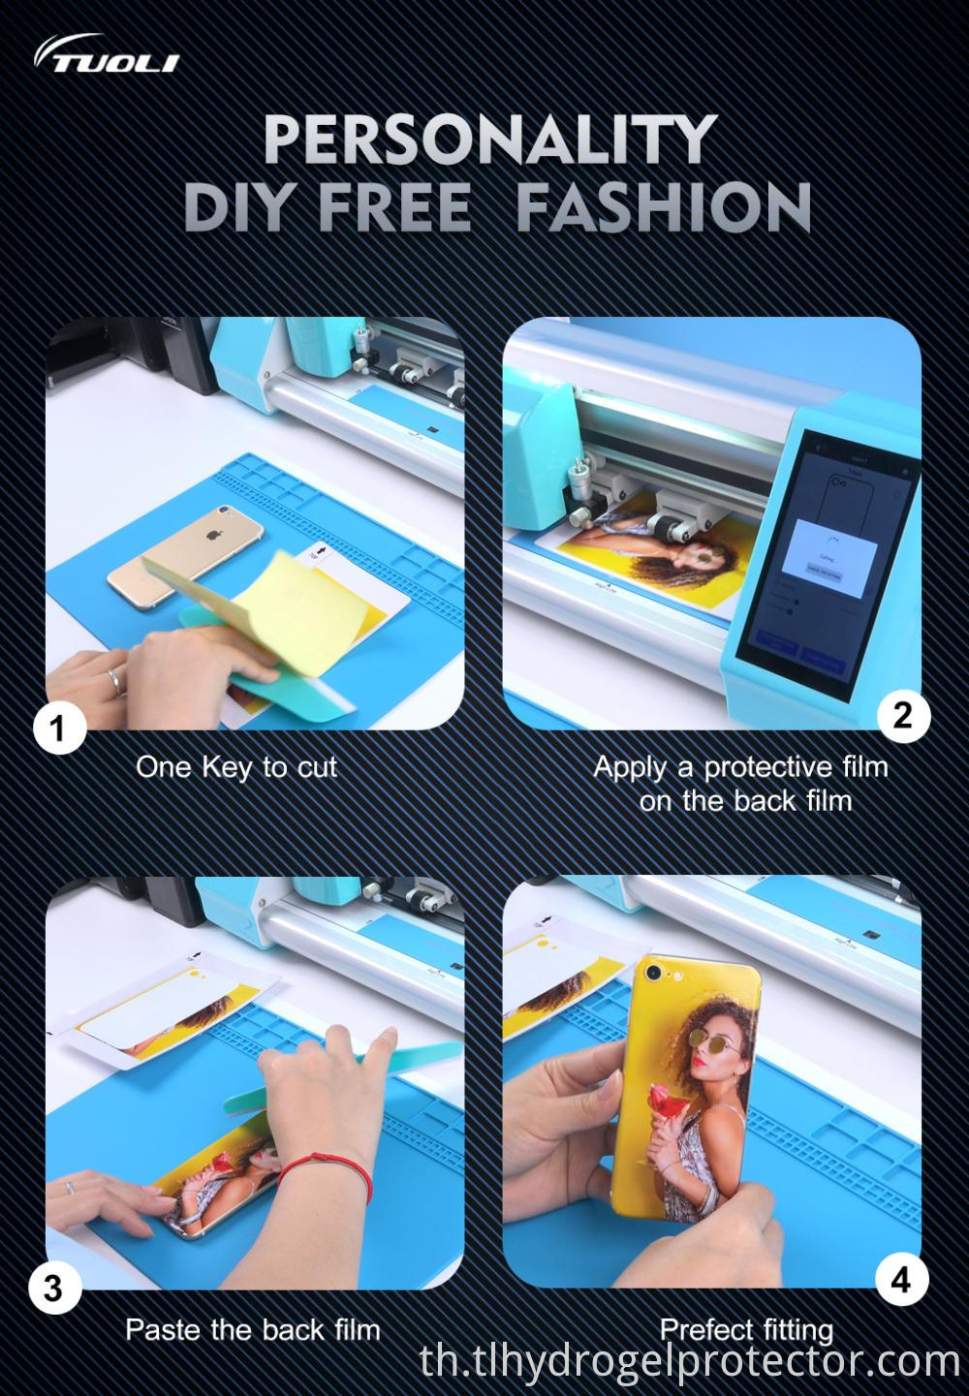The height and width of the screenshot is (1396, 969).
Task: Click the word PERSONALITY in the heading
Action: click(489, 140)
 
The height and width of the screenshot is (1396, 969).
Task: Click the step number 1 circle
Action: click(58, 727)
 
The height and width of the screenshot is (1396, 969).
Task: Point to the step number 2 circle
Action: click(902, 716)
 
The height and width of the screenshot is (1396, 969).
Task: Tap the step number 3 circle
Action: click(53, 1289)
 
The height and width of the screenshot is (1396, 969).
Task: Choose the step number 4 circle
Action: click(900, 1280)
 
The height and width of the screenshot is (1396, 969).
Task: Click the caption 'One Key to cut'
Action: click(235, 767)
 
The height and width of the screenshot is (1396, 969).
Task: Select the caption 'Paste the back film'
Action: click(252, 1329)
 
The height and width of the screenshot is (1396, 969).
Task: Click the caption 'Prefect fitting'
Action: click(746, 1329)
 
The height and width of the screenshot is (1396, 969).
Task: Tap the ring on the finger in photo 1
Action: click(115, 680)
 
